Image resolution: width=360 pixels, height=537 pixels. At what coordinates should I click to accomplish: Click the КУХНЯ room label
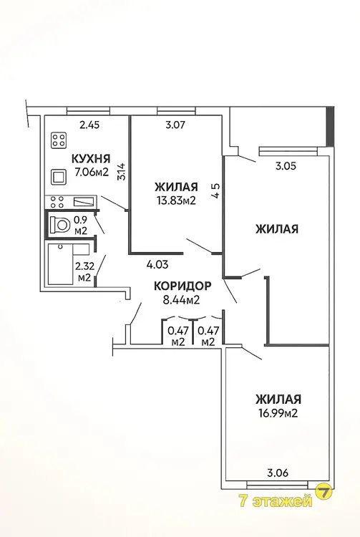click(91, 159)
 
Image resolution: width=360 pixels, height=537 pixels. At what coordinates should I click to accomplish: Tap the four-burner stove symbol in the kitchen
click(59, 140)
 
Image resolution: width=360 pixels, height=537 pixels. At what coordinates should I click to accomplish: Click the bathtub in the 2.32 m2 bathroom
click(61, 263)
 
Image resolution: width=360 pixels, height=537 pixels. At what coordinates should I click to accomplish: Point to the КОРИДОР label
click(183, 286)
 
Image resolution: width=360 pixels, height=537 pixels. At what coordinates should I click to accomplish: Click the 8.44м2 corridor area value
click(181, 300)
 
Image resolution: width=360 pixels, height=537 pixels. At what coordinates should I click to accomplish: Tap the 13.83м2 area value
click(176, 200)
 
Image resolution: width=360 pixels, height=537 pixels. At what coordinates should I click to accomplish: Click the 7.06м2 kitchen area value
click(92, 172)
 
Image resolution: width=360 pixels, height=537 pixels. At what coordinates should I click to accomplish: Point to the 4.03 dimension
click(157, 264)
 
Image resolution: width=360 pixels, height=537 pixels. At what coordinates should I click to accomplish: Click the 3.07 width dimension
click(175, 125)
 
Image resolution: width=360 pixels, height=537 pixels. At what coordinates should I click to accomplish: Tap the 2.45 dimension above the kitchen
click(89, 125)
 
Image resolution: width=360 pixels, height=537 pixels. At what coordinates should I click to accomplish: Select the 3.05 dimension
click(286, 166)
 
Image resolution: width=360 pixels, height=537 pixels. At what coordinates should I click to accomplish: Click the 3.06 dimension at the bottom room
click(278, 473)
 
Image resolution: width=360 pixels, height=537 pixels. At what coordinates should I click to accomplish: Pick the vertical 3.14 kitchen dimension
click(123, 172)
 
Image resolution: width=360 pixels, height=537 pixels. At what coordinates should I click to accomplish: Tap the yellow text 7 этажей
click(277, 501)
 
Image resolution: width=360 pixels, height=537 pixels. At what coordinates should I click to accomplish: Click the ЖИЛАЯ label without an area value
click(277, 229)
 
